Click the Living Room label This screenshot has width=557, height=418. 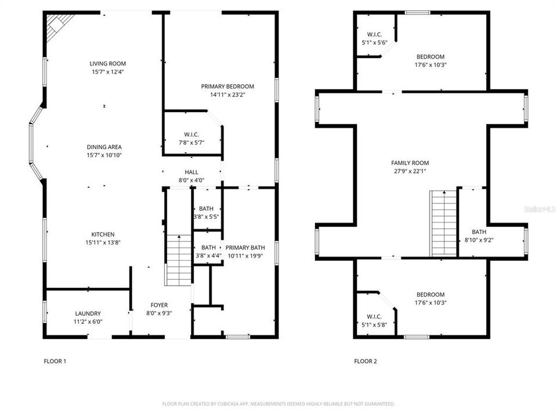point(107,64)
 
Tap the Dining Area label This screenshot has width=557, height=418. point(104,147)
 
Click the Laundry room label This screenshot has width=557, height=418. point(88,313)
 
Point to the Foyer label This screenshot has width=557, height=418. point(159,305)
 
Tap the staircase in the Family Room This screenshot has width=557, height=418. point(444,224)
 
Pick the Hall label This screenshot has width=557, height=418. point(191,172)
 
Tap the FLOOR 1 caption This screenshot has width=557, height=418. point(55,361)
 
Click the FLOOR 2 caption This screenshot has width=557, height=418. point(366,361)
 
